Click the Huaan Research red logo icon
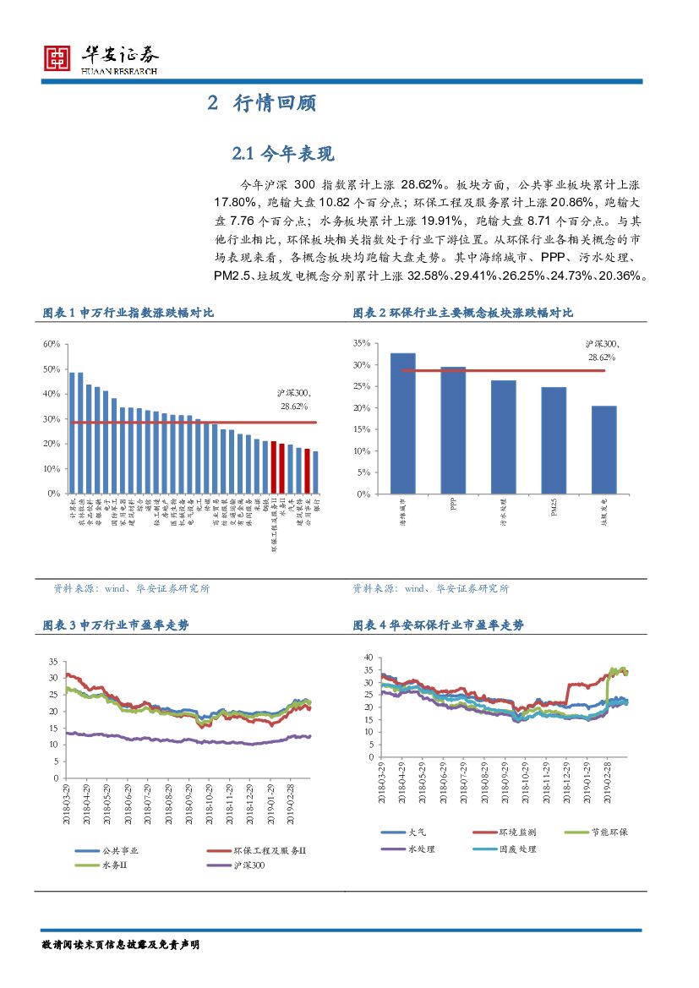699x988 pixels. click(57, 57)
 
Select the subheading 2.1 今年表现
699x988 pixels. click(283, 153)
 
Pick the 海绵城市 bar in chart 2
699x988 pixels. click(402, 423)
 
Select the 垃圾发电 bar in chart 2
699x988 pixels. click(604, 449)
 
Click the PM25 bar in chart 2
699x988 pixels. click(554, 439)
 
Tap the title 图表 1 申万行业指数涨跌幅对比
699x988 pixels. click(128, 313)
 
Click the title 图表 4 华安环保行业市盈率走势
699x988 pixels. click(438, 625)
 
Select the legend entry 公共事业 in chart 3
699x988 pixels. click(119, 851)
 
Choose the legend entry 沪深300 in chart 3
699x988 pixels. click(246, 865)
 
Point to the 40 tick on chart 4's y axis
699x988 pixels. click(368, 657)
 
